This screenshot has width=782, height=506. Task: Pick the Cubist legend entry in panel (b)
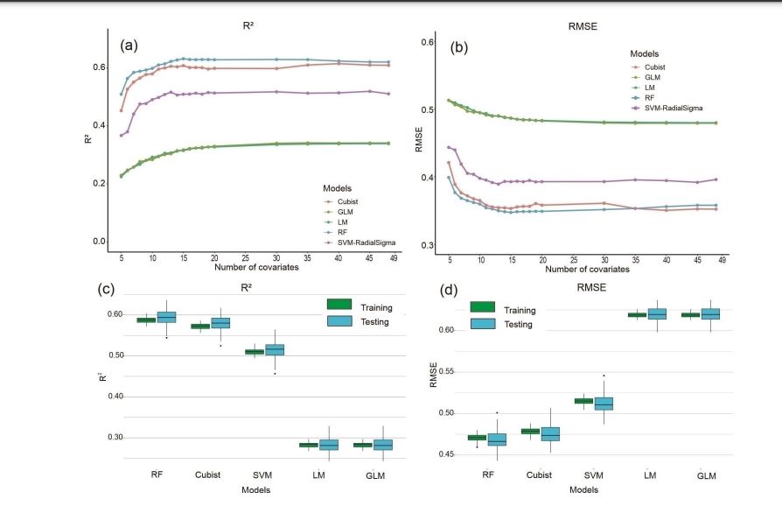coord(655,66)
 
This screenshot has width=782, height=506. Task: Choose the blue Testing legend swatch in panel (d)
coord(483,324)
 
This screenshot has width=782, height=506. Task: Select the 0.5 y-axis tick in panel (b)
coord(429,110)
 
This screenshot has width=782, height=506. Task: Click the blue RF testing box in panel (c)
coord(166,317)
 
